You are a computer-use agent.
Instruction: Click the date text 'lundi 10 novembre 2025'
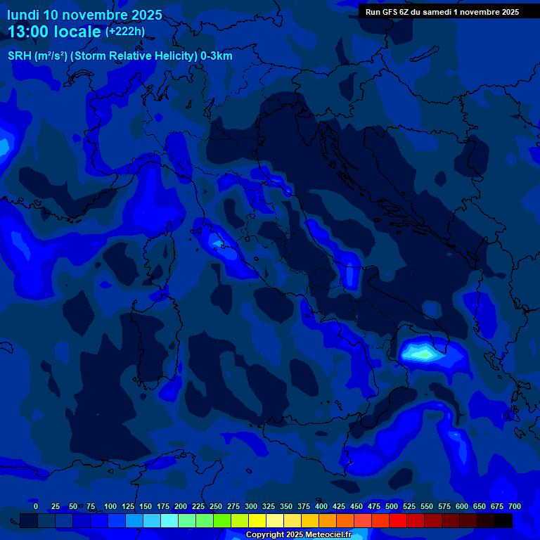click(x=84, y=15)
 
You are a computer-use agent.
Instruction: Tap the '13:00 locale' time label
click(x=54, y=32)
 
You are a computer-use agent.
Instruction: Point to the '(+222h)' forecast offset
click(x=125, y=31)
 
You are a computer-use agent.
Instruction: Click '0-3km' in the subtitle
click(x=216, y=56)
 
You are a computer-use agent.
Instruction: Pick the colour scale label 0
click(x=36, y=506)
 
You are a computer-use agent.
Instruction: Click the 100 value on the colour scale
click(x=110, y=506)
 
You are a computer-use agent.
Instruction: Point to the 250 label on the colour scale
click(x=216, y=506)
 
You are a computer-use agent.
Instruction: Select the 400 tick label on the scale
click(x=321, y=506)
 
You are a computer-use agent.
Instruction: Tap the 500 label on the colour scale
click(x=392, y=506)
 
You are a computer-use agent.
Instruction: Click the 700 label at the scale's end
click(x=515, y=506)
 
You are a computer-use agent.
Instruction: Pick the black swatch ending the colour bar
click(x=503, y=521)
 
